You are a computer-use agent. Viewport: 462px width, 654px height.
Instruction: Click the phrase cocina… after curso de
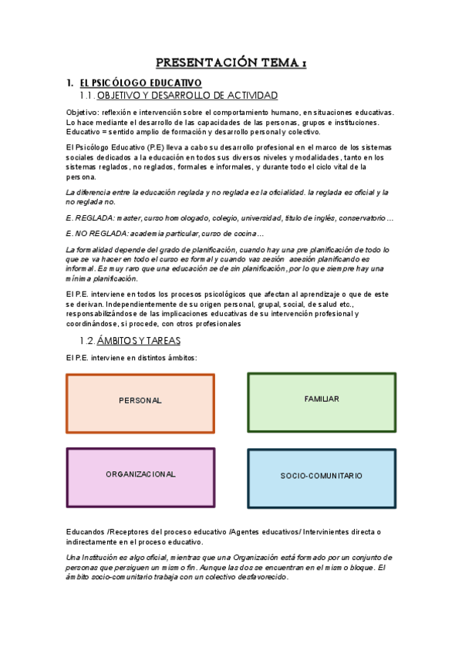click(249, 234)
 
